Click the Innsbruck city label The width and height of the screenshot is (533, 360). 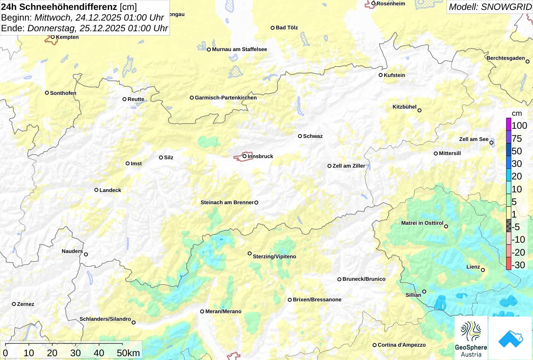tap(260, 156)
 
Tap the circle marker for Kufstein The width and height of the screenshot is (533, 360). tap(380, 75)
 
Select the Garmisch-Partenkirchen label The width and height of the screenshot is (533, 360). tap(226, 98)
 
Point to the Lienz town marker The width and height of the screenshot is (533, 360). tap(483, 270)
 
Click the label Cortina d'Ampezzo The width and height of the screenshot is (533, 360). tap(402, 345)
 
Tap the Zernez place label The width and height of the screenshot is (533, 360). tap(26, 304)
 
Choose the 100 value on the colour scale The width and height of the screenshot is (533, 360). tap(519, 126)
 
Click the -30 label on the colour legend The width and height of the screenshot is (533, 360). tap(518, 265)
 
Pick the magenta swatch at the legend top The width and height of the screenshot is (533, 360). tap(509, 124)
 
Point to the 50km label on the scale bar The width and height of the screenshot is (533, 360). tap(128, 353)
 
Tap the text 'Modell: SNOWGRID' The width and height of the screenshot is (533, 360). tap(490, 7)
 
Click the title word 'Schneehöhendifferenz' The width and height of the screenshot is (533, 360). tap(68, 7)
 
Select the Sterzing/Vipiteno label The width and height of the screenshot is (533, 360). tap(274, 256)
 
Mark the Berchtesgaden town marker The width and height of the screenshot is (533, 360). tap(527, 61)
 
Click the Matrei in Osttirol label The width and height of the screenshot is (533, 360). tap(422, 223)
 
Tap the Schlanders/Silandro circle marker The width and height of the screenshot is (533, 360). tap(134, 322)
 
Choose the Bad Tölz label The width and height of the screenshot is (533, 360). tap(287, 27)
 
